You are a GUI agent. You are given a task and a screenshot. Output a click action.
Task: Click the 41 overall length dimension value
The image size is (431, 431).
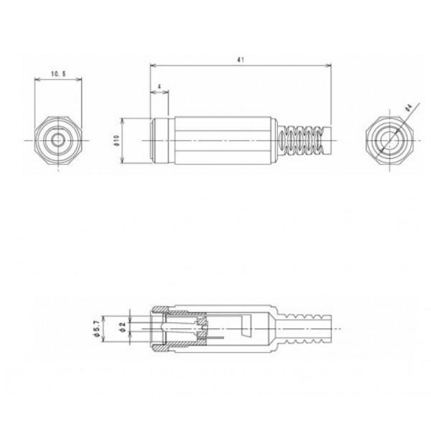[x=241, y=60]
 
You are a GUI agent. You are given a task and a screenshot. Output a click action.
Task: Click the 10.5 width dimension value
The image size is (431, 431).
[x=58, y=74]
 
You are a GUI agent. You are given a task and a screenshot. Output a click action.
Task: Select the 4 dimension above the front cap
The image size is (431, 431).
[x=159, y=87]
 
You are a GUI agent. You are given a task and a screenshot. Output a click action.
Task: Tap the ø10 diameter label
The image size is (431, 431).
[x=117, y=141]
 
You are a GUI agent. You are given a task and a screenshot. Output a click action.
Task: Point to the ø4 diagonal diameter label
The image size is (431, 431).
[x=409, y=107]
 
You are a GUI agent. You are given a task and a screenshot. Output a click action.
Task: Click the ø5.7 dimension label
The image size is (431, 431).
[x=96, y=329]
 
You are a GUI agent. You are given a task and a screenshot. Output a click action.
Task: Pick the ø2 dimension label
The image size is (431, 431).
[x=123, y=327]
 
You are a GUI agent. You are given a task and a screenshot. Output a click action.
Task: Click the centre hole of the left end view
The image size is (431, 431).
[x=57, y=141]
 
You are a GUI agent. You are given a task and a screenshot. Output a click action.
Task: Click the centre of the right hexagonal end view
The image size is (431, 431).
[x=390, y=141]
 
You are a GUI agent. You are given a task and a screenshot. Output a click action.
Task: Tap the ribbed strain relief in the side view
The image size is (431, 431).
[x=304, y=141]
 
